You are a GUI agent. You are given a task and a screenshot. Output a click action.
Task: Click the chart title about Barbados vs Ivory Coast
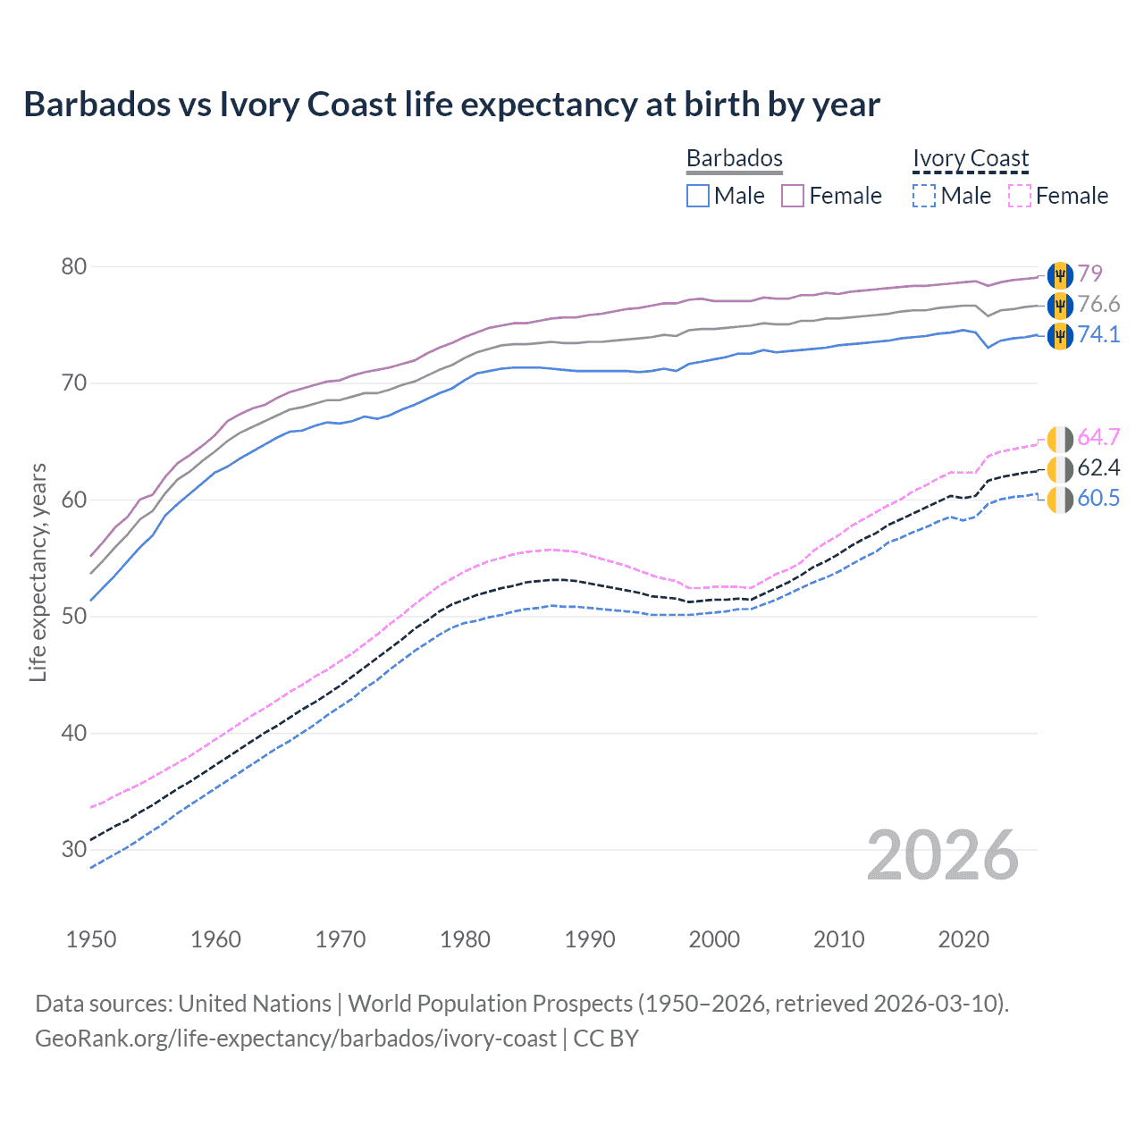[451, 105]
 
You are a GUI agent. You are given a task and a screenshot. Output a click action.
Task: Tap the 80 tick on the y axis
[74, 266]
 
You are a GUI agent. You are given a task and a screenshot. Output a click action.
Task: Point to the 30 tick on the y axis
[74, 849]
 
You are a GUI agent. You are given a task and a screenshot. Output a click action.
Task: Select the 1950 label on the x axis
[91, 939]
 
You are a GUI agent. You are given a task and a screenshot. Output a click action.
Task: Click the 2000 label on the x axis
[714, 939]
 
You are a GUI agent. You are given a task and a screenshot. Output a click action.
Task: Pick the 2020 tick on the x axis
[963, 939]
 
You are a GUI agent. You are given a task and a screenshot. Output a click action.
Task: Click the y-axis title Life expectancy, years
[38, 572]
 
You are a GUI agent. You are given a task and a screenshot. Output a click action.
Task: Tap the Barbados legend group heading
[734, 158]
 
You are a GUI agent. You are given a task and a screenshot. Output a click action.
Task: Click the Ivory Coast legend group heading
[971, 158]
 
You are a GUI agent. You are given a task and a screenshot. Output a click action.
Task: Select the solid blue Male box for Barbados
[698, 196]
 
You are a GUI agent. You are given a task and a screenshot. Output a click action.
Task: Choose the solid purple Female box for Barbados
[793, 196]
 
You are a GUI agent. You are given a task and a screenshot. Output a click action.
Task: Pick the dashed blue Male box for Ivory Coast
[924, 196]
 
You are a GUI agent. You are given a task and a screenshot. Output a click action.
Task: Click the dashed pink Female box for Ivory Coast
[1020, 196]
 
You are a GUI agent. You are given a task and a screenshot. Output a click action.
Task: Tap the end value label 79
[1089, 273]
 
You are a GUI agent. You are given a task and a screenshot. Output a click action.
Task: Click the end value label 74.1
[1098, 334]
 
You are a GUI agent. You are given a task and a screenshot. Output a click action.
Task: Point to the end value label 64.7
[1098, 437]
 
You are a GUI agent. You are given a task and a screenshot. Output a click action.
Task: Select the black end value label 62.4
[1098, 467]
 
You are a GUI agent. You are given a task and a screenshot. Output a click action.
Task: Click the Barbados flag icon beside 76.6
[1060, 305]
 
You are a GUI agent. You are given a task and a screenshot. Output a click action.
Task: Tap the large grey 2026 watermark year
[943, 855]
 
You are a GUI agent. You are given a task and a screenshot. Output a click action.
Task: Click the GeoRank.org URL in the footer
[295, 1039]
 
